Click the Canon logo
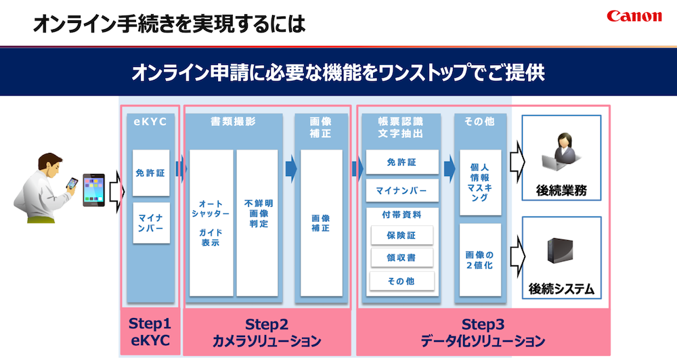[634, 16]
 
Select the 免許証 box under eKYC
[151, 173]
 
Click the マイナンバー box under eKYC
[151, 223]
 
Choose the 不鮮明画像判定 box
[257, 223]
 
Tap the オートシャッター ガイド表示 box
[211, 223]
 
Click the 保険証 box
[402, 235]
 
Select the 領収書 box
[402, 258]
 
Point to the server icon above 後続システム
[561, 252]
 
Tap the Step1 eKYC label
[150, 332]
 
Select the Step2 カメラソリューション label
[267, 332]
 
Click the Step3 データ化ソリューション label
[482, 332]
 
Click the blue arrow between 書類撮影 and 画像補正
[290, 169]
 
